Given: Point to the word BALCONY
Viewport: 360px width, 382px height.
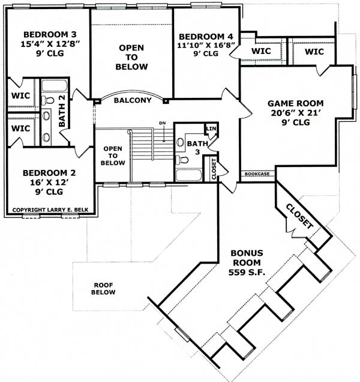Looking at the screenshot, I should click(132, 100).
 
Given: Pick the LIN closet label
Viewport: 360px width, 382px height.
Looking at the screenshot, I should click(211, 129).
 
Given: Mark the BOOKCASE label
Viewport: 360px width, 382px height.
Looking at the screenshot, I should click(256, 174).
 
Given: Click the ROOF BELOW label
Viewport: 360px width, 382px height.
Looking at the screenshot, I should click(104, 289).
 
